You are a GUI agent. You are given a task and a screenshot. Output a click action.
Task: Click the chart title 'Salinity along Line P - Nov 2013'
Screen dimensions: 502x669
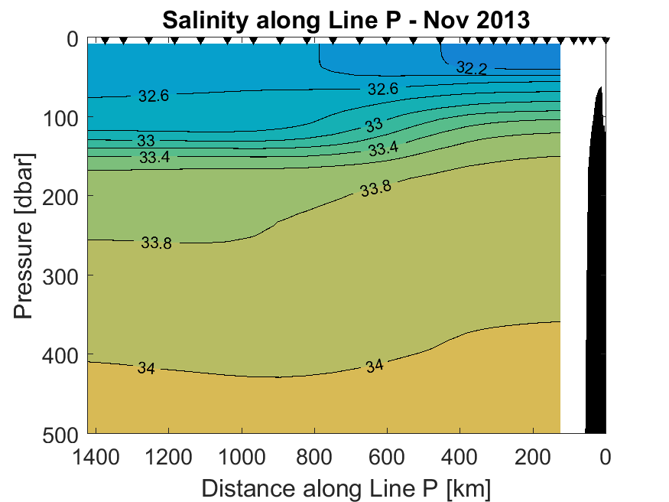tap(346, 21)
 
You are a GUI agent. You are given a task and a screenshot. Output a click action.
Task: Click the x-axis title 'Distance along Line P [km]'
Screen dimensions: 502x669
tap(346, 487)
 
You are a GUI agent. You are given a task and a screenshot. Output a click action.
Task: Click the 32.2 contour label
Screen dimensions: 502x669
tap(471, 68)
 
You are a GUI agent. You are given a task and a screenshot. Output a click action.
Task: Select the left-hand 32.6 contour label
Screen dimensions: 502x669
tap(153, 96)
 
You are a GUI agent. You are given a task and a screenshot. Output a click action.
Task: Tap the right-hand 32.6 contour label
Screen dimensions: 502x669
tap(382, 89)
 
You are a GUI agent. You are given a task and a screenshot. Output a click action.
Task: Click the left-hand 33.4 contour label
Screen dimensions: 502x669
tap(154, 158)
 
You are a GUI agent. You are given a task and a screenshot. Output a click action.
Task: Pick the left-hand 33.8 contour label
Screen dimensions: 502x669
tap(156, 243)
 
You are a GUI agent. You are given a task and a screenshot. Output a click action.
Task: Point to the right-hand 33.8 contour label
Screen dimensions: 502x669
tap(376, 188)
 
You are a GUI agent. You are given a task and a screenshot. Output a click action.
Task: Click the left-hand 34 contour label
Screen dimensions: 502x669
tap(146, 369)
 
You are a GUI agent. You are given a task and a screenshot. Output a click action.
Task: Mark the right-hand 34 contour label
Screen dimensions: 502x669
tap(374, 366)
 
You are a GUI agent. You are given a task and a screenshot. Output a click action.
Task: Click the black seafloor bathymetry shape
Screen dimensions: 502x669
tap(596, 306)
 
